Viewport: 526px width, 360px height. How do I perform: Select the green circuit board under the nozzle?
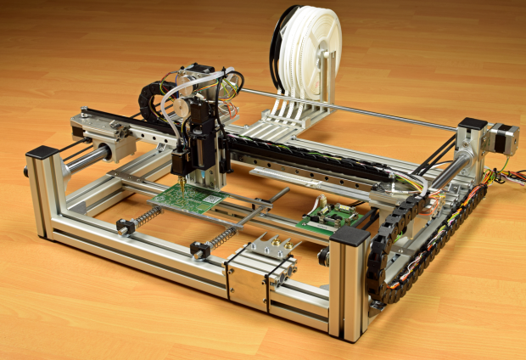[191, 200]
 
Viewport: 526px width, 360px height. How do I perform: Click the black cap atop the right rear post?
[472, 124]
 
